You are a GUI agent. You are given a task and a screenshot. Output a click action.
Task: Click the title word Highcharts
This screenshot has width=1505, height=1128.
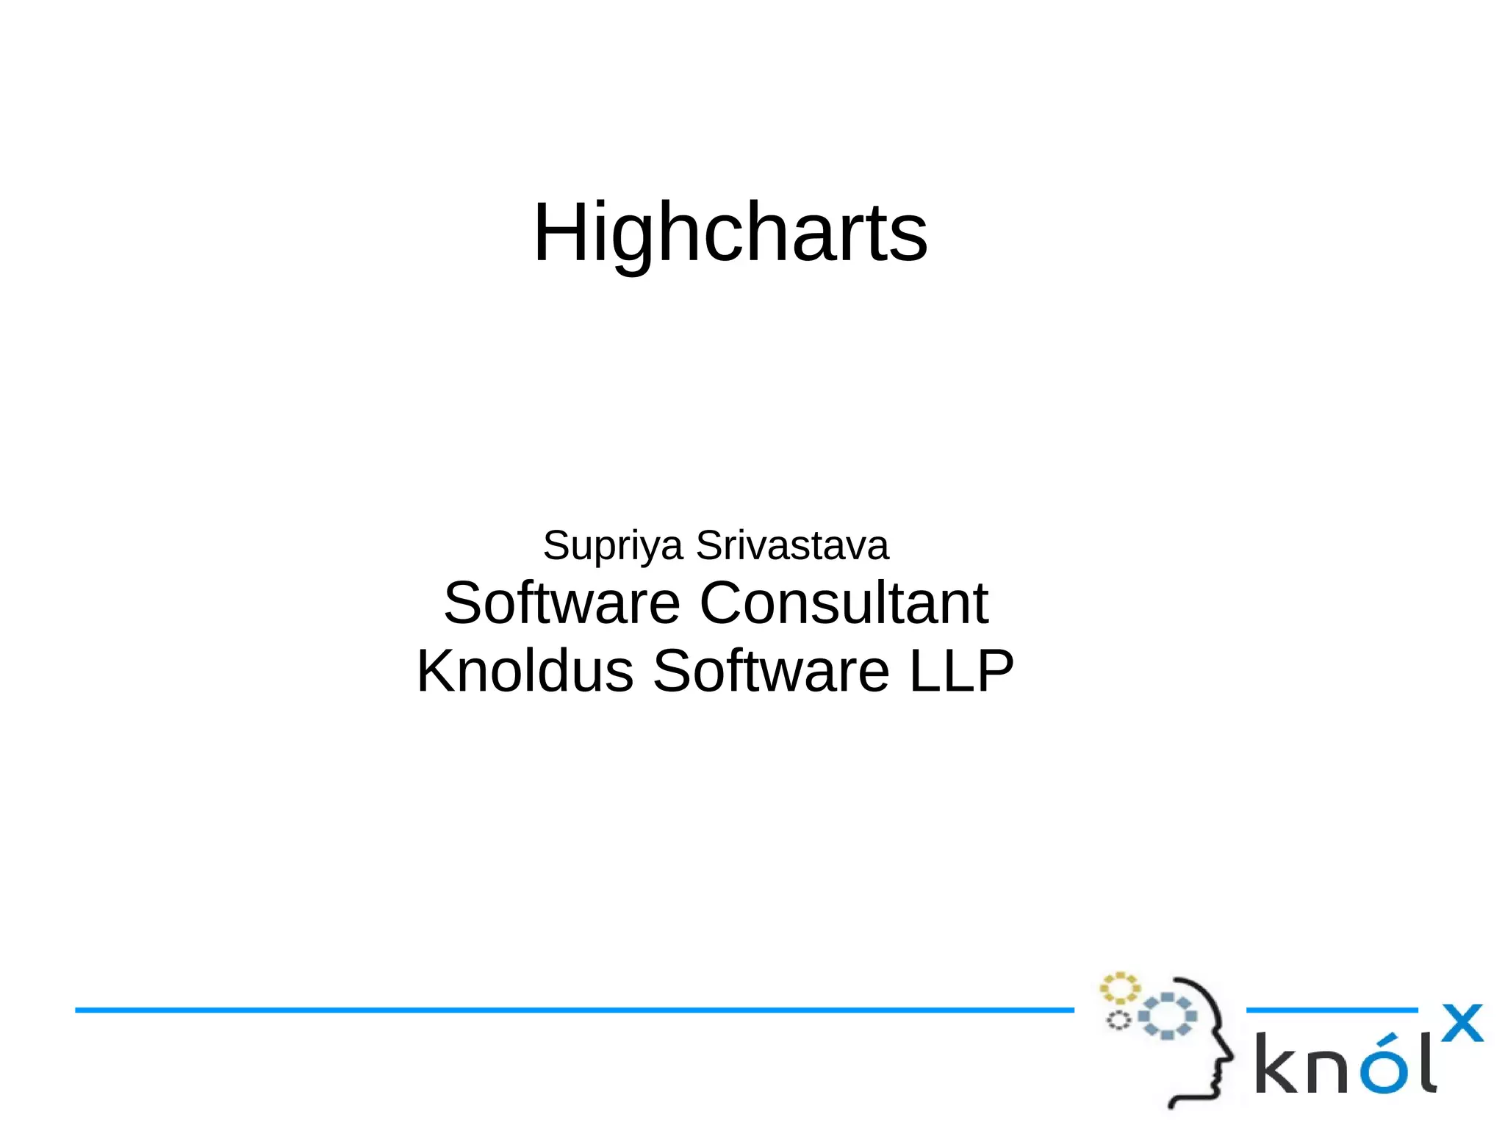730,234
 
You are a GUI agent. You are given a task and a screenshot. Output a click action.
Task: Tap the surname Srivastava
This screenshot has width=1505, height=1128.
792,545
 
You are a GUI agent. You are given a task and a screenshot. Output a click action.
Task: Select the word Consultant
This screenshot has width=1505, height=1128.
843,603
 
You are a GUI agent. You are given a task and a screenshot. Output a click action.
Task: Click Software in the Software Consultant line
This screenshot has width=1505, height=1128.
561,603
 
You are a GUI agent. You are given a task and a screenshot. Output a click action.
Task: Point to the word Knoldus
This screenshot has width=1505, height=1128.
525,671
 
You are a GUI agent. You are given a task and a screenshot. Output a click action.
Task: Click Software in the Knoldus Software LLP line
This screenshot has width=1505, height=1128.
771,671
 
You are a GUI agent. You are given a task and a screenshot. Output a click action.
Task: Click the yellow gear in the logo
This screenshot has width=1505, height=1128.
1119,988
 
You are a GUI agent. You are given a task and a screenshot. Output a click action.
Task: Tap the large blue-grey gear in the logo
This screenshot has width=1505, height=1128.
1168,1016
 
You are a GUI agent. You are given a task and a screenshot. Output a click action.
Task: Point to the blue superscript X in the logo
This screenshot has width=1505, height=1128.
1462,1024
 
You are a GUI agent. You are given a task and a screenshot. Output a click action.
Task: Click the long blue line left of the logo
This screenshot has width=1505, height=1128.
573,1010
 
